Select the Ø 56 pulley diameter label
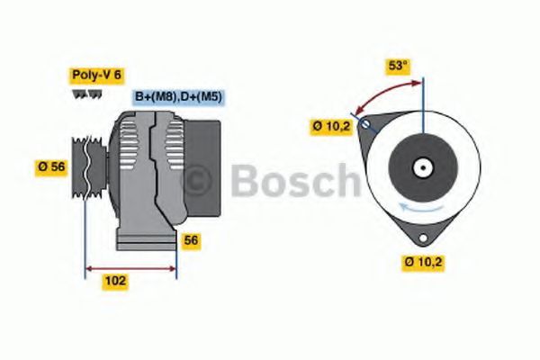tap(51, 166)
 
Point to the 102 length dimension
tap(116, 281)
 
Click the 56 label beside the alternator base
tap(191, 240)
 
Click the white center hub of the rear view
tap(421, 167)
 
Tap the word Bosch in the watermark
tap(292, 181)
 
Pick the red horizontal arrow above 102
tap(130, 267)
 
